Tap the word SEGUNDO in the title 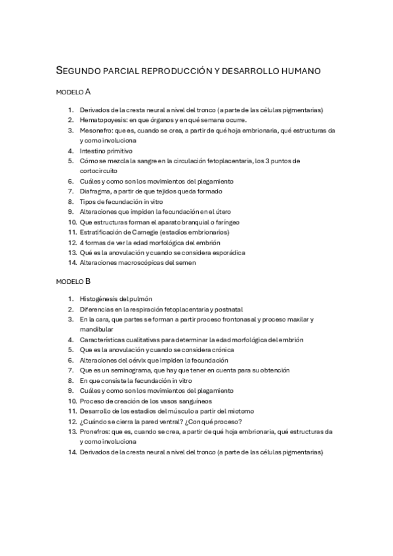(x=77, y=69)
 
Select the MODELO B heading (x=73, y=281)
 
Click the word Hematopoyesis (x=100, y=121)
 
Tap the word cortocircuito (x=98, y=170)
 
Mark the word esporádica (x=227, y=252)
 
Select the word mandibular (x=96, y=329)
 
